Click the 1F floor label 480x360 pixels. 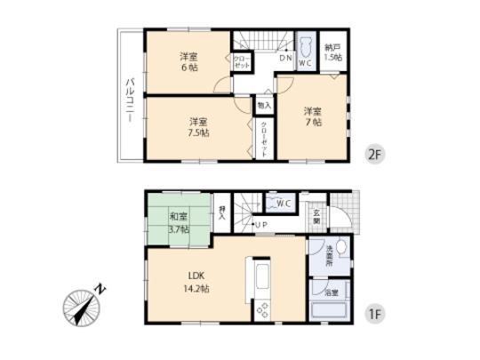point(374,316)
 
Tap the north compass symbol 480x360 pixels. point(82,308)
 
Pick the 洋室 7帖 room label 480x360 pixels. point(311,116)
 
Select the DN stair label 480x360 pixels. point(286,59)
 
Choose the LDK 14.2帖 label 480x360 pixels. point(196,283)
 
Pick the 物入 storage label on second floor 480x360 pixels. point(264,104)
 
